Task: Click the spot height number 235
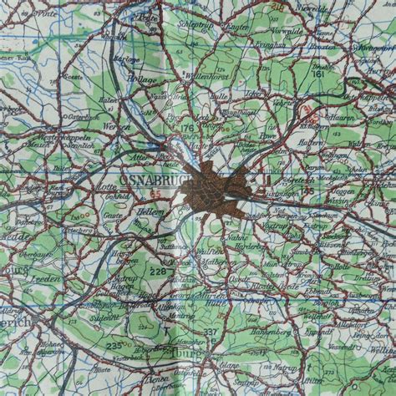(113, 344)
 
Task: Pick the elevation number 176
(187, 127)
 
